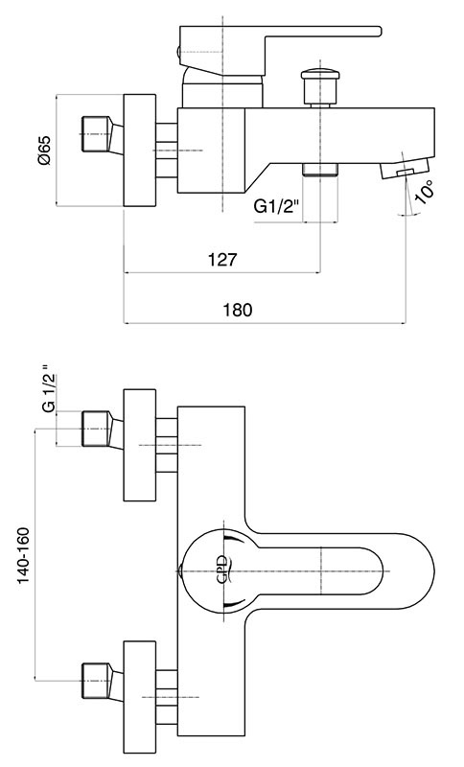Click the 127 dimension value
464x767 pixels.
tap(222, 259)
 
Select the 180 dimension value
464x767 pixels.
tap(238, 310)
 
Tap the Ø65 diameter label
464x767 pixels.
tap(43, 151)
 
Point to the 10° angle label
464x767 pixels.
tap(425, 191)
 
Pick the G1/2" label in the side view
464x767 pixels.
tap(276, 207)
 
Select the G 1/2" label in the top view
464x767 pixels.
tap(47, 389)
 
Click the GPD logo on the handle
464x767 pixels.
tap(222, 569)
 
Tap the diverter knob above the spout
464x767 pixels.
tap(320, 88)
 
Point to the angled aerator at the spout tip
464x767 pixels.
tap(405, 169)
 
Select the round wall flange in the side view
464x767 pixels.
tap(139, 151)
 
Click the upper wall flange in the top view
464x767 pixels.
tap(139, 445)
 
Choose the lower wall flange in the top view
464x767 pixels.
tap(139, 697)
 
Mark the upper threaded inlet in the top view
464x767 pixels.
tap(101, 430)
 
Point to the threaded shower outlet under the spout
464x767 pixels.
tap(320, 170)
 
